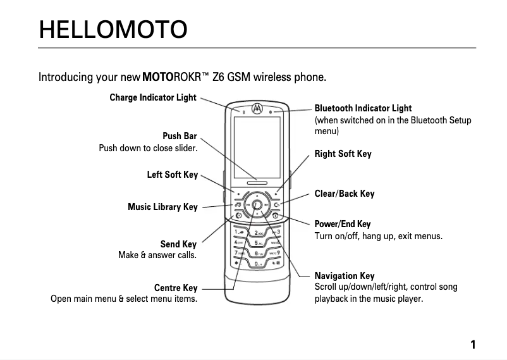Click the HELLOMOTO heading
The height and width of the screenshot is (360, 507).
(113, 29)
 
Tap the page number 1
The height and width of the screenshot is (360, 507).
(472, 345)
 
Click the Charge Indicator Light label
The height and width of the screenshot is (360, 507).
(153, 97)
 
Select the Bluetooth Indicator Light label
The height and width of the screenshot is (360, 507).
(363, 108)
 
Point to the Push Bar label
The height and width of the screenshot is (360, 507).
(180, 136)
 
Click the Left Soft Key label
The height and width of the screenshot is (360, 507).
(172, 175)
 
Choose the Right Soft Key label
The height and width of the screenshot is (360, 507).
(343, 154)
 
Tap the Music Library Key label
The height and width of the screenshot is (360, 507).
(162, 207)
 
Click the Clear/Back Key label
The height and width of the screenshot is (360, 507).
(344, 194)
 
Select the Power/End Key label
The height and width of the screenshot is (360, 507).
(343, 224)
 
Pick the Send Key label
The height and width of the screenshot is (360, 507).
(178, 244)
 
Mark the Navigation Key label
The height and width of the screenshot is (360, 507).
(345, 276)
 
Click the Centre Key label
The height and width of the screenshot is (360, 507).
(176, 288)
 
